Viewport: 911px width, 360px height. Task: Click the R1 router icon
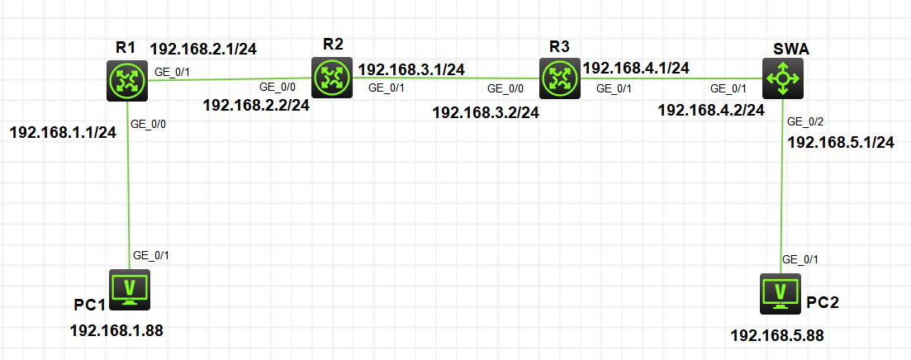tap(127, 81)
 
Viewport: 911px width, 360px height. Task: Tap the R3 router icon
tap(560, 79)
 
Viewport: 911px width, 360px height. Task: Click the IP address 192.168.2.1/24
tap(203, 49)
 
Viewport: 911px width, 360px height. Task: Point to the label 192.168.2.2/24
tap(256, 105)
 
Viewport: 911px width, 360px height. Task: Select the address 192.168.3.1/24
tap(410, 69)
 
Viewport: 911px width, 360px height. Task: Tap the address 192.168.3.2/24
tap(486, 112)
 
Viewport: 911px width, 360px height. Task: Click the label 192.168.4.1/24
tap(637, 68)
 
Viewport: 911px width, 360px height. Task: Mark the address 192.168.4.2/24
tap(710, 111)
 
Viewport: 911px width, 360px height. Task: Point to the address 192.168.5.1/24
tap(842, 142)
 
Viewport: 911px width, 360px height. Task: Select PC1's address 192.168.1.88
tap(116, 332)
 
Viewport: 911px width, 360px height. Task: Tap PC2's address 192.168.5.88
tap(777, 335)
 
